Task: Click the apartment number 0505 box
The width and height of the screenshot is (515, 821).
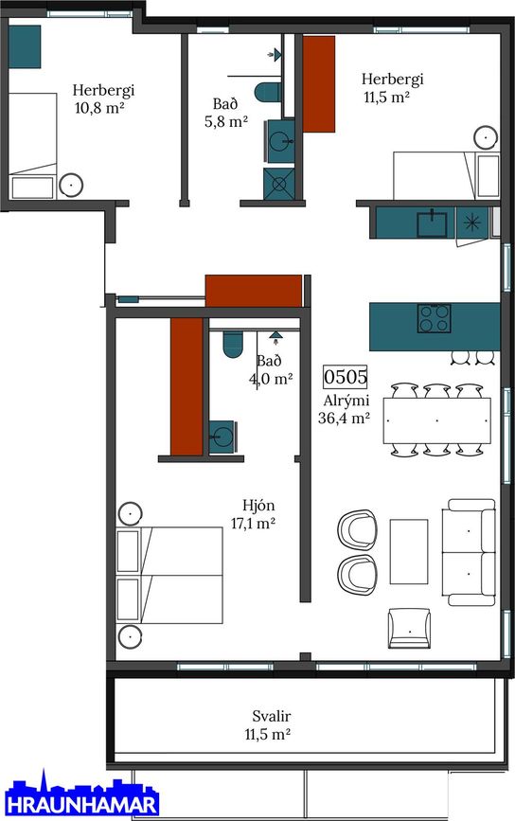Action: click(x=346, y=377)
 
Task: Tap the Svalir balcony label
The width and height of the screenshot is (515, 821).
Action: click(x=271, y=716)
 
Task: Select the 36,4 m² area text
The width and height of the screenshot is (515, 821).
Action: click(x=345, y=419)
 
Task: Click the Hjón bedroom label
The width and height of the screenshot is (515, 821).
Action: click(x=258, y=506)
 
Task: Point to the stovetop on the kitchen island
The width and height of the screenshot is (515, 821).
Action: click(x=434, y=318)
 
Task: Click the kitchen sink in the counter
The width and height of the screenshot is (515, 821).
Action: click(x=433, y=223)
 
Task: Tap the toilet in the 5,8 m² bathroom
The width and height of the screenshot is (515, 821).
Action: click(x=268, y=93)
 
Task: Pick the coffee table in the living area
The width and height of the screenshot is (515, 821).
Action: click(x=409, y=551)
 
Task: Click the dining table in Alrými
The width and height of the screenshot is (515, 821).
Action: click(x=437, y=420)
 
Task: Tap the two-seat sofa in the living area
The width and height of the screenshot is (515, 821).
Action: click(x=469, y=552)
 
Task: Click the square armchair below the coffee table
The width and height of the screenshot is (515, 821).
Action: click(x=409, y=628)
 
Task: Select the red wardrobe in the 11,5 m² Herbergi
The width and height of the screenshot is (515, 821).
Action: click(x=319, y=83)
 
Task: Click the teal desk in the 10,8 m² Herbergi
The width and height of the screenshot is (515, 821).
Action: click(x=25, y=46)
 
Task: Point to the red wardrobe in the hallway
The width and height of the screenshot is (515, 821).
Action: click(x=254, y=291)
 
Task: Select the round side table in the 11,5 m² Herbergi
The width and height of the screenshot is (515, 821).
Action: click(x=487, y=137)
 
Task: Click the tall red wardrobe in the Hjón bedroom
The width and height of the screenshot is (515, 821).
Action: click(x=186, y=386)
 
